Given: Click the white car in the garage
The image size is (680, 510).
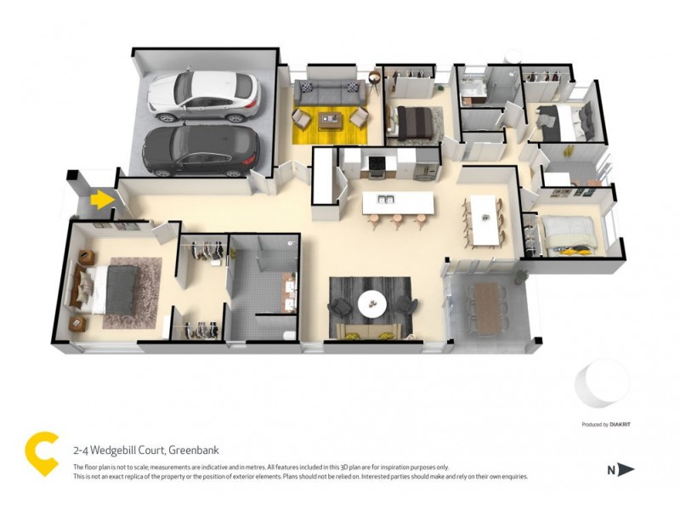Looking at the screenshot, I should pos(202,93).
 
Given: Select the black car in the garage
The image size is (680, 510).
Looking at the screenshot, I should pos(200,149).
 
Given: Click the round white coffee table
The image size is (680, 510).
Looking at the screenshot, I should pos(371,303).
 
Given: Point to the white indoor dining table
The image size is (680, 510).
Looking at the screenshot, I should pos(482,218).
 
